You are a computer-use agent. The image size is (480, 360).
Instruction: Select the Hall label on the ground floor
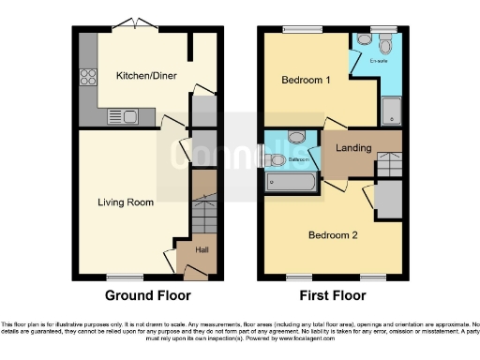[x=202, y=249]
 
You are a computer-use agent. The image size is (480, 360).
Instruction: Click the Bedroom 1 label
[x=307, y=81]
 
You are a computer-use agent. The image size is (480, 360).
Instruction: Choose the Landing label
[x=352, y=148]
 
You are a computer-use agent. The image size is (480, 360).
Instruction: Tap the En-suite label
[x=378, y=62]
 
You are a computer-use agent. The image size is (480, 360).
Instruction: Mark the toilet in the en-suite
[x=385, y=42]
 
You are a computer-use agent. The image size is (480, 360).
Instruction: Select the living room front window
[x=124, y=277]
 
